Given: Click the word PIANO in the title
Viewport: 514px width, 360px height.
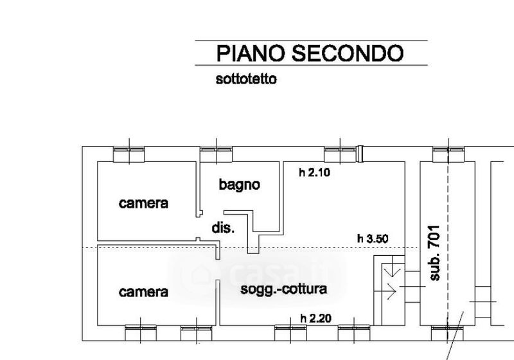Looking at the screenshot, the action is [x=251, y=53].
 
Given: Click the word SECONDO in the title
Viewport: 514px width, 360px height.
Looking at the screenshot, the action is [x=348, y=53].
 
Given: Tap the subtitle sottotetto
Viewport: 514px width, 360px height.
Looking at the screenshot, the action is [x=246, y=79].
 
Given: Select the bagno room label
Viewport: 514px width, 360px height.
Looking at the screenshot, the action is [x=239, y=185].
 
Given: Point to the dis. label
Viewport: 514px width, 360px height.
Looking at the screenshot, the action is [x=223, y=228].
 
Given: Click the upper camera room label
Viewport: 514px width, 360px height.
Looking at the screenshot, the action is [x=143, y=203].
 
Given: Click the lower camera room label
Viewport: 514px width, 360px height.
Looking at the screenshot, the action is [x=143, y=292].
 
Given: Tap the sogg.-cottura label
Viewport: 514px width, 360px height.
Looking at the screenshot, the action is [x=283, y=289].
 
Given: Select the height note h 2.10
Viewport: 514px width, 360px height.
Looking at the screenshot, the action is [x=314, y=172].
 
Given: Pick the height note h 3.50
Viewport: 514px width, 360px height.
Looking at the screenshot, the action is [x=373, y=239].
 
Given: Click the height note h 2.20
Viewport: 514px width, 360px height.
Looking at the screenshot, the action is [x=315, y=318].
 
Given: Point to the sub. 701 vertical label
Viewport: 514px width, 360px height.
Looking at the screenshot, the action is [x=435, y=253].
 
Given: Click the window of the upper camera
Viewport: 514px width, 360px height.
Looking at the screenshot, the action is [x=129, y=154].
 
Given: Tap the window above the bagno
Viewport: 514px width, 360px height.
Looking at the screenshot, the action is [x=217, y=154].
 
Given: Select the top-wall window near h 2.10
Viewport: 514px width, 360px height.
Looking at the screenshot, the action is [x=340, y=154].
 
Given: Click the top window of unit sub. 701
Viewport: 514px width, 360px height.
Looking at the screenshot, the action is [x=448, y=154].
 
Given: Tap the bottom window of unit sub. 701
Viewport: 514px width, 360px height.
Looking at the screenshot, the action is [x=447, y=333].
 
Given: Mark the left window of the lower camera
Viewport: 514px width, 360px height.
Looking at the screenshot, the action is [x=141, y=333].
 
